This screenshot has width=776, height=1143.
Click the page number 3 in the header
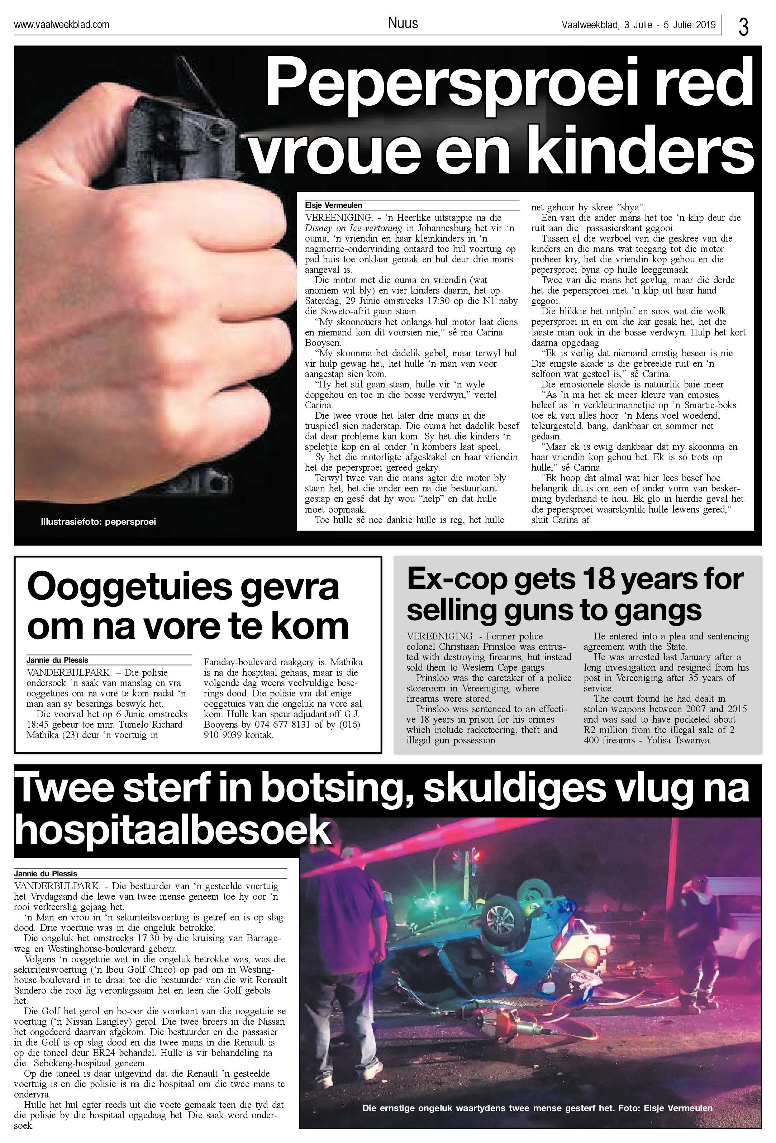(743, 25)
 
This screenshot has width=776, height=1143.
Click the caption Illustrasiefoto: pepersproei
(98, 522)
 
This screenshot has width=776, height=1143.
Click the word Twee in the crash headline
(66, 789)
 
